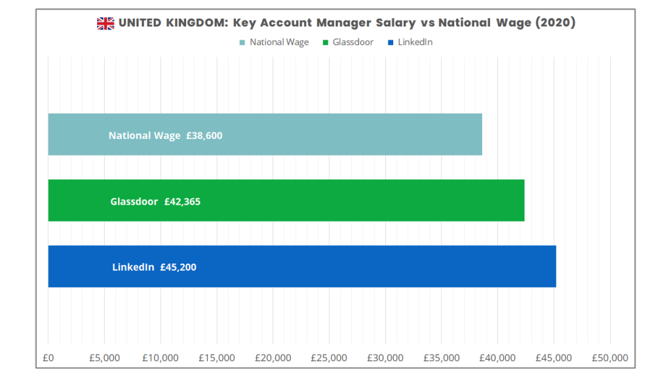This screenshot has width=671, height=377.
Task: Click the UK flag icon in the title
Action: (105, 24)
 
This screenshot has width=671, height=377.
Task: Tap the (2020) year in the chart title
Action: (554, 24)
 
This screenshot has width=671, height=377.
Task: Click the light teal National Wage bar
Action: (328, 134)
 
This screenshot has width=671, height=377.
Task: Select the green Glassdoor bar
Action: (360, 200)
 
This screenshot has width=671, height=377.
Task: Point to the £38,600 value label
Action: (204, 136)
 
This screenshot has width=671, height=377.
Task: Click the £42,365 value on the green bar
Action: (182, 202)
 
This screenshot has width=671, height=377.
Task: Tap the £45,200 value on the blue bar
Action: (178, 267)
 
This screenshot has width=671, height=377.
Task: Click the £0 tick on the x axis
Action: (48, 358)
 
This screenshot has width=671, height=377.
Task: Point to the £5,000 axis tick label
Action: (104, 358)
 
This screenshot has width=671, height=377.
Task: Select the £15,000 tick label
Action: (217, 358)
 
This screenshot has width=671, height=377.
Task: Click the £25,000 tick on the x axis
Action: (329, 358)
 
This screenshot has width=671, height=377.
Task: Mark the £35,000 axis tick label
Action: (442, 358)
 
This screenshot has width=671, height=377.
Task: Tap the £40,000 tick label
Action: (498, 358)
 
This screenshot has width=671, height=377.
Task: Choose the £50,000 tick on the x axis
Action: (610, 358)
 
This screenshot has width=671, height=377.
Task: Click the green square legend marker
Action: (325, 43)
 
